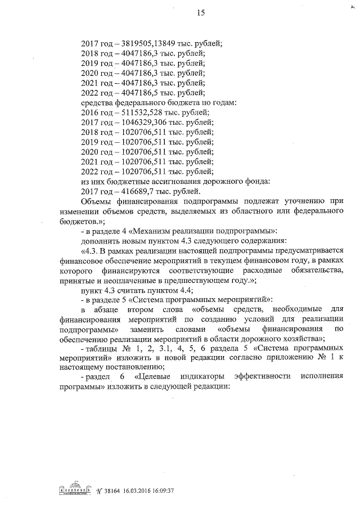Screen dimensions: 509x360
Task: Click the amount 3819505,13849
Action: [148, 43]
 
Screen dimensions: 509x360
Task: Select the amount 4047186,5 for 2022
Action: [137, 93]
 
